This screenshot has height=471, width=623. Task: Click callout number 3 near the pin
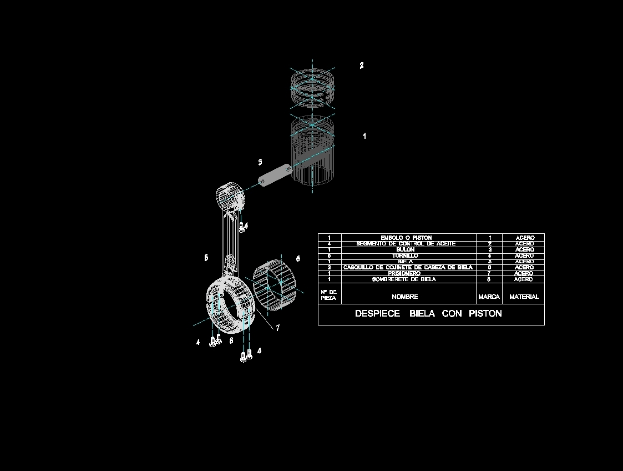pyautogui.click(x=260, y=162)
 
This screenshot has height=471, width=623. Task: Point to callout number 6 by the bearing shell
pyautogui.click(x=298, y=259)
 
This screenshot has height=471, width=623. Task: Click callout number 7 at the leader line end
pyautogui.click(x=277, y=328)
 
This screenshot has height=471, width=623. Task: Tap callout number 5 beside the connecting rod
pyautogui.click(x=206, y=258)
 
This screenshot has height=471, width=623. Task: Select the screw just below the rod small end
pyautogui.click(x=241, y=226)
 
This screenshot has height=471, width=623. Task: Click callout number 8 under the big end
pyautogui.click(x=231, y=340)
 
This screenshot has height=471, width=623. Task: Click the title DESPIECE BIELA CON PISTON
pyautogui.click(x=428, y=314)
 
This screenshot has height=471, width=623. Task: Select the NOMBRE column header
pyautogui.click(x=404, y=297)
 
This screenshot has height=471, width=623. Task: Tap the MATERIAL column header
pyautogui.click(x=524, y=297)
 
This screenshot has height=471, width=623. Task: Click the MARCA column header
pyautogui.click(x=489, y=297)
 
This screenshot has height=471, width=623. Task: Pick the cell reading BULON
pyautogui.click(x=405, y=250)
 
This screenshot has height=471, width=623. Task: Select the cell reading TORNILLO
pyautogui.click(x=405, y=256)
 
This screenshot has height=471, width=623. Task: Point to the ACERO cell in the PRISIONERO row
pyautogui.click(x=524, y=273)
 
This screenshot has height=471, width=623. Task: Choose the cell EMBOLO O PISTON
pyautogui.click(x=406, y=238)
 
